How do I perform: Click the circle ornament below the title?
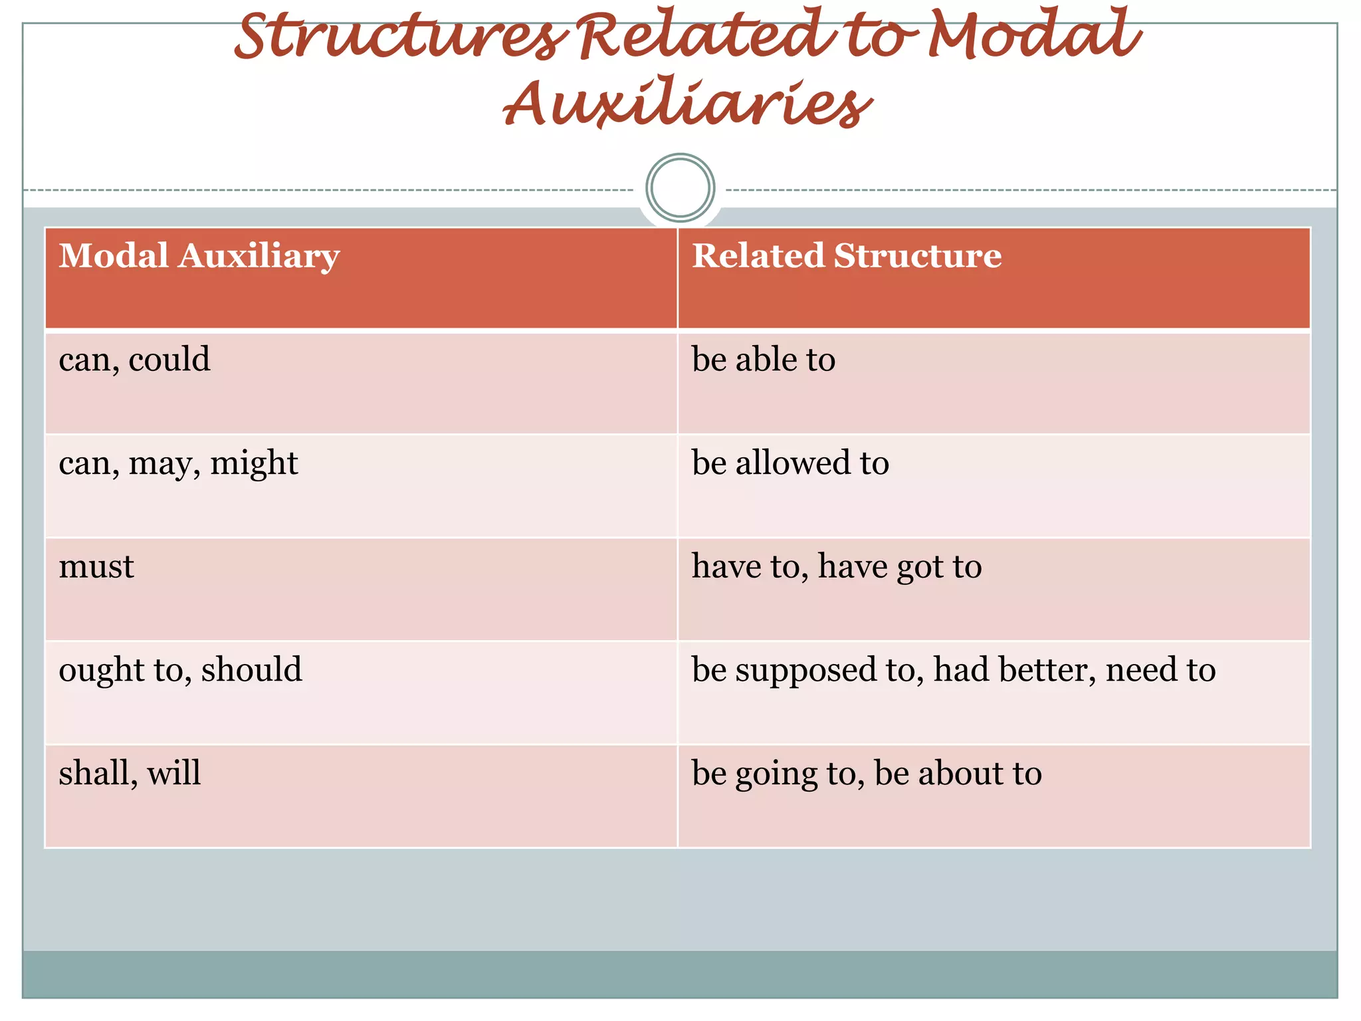[680, 187]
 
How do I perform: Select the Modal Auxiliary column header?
[199, 256]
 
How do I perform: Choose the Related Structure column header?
[847, 256]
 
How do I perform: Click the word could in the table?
[169, 360]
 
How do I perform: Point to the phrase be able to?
[764, 360]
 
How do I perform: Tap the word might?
[254, 463]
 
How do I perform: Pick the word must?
[96, 567]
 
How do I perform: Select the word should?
[252, 669]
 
